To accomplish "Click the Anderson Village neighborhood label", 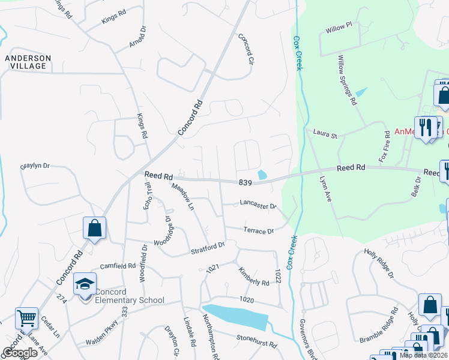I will point(28,62).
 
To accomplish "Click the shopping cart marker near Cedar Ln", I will point(26,318).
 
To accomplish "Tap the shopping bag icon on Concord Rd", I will point(95,228).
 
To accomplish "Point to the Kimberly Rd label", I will point(254,277).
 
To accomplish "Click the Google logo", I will point(20,353).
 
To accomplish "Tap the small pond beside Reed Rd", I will point(262,175).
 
